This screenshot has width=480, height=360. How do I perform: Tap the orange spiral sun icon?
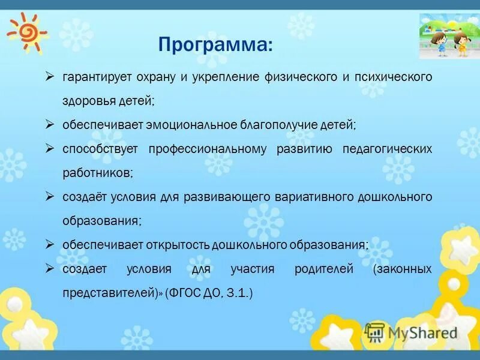tap(27, 33)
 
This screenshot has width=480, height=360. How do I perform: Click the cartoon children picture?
tap(449, 36)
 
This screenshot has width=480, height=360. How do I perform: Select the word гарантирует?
tap(97, 77)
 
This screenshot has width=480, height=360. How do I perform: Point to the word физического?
tap(301, 77)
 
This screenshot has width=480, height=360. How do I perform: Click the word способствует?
tap(100, 149)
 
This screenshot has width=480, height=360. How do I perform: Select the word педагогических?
tap(387, 149)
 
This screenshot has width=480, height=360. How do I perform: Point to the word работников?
tap(97, 173)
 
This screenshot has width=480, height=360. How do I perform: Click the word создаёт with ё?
tap(85, 197)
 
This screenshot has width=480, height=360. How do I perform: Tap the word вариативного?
tap(314, 197)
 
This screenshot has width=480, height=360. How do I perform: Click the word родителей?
tap(324, 269)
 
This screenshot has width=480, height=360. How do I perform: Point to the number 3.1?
tap(238, 293)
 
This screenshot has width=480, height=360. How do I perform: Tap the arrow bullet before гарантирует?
tap(49, 77)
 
